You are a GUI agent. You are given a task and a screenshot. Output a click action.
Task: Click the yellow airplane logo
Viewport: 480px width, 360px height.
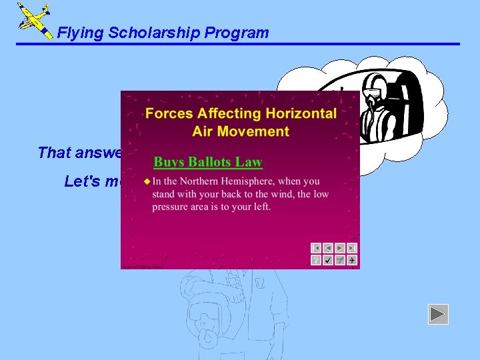pyautogui.click(x=33, y=20)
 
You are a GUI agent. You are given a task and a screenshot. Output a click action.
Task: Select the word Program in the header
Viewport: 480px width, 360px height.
pyautogui.click(x=239, y=33)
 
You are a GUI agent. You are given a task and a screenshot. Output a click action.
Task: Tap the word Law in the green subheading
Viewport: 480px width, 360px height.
pyautogui.click(x=252, y=162)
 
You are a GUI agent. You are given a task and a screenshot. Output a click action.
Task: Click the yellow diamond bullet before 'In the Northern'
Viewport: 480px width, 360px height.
pyautogui.click(x=147, y=181)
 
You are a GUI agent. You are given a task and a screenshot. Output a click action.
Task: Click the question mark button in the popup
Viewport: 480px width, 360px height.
pyautogui.click(x=316, y=260)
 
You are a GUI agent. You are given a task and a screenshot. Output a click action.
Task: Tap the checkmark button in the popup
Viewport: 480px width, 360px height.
pyautogui.click(x=328, y=260)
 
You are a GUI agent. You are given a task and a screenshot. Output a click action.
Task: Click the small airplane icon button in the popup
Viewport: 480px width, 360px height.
pyautogui.click(x=351, y=260)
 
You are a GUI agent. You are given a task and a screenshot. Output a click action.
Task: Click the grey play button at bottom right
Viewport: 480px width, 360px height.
pyautogui.click(x=438, y=314)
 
